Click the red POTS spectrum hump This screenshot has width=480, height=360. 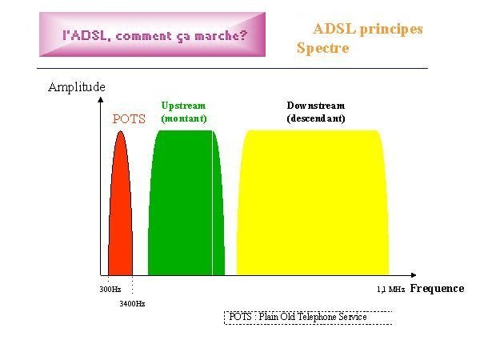[120, 208]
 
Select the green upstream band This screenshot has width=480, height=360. [186, 202]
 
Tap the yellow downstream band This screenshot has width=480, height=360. [313, 202]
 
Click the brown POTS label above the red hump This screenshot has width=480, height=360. [129, 119]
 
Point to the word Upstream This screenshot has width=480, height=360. [183, 106]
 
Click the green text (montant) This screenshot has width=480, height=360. [184, 118]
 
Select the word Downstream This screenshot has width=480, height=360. [316, 106]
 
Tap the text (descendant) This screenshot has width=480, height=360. [316, 118]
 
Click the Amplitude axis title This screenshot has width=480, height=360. [77, 87]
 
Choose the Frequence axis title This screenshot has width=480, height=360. [437, 288]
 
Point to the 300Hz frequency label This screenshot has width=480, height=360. [110, 290]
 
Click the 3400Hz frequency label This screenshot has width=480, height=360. [132, 304]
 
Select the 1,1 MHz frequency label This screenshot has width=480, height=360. [390, 290]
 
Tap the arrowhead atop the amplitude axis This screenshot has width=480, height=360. [101, 99]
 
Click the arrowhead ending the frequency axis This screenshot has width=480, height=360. [414, 275]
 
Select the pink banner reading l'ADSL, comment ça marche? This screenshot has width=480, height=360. [152, 34]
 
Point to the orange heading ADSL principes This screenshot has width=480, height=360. [368, 30]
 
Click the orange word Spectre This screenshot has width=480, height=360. [322, 48]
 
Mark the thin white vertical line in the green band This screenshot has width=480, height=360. [212, 202]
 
